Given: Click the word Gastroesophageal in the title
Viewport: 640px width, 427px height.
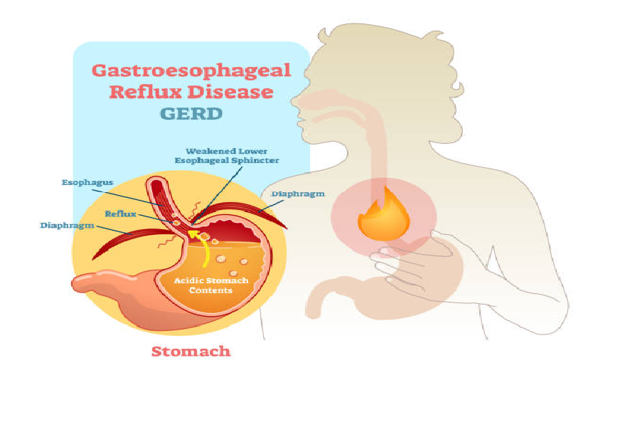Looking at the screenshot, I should tap(191, 70).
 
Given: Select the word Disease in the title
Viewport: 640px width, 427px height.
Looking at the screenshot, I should tap(238, 93).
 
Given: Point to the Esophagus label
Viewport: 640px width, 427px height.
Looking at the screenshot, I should tap(87, 182).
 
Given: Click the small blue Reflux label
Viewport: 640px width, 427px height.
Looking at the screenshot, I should tap(120, 213).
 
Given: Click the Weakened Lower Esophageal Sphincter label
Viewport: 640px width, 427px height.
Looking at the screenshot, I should tap(227, 156).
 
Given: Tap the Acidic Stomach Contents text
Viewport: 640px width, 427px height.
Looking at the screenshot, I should tap(212, 285).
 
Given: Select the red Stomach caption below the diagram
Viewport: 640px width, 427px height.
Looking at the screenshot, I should tap(191, 351).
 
